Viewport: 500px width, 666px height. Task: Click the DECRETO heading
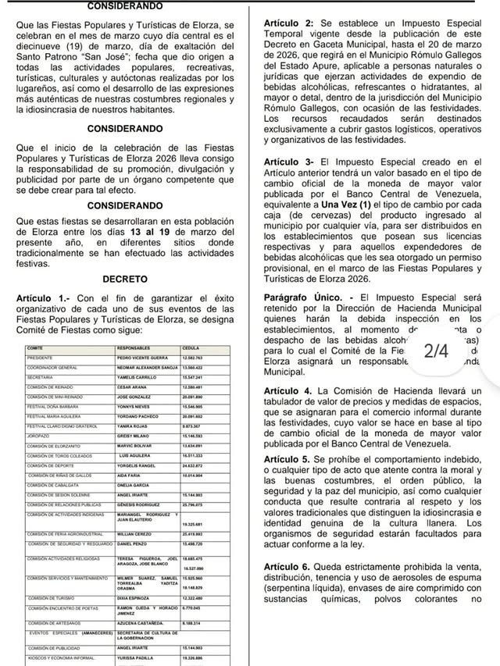[x=125, y=279]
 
